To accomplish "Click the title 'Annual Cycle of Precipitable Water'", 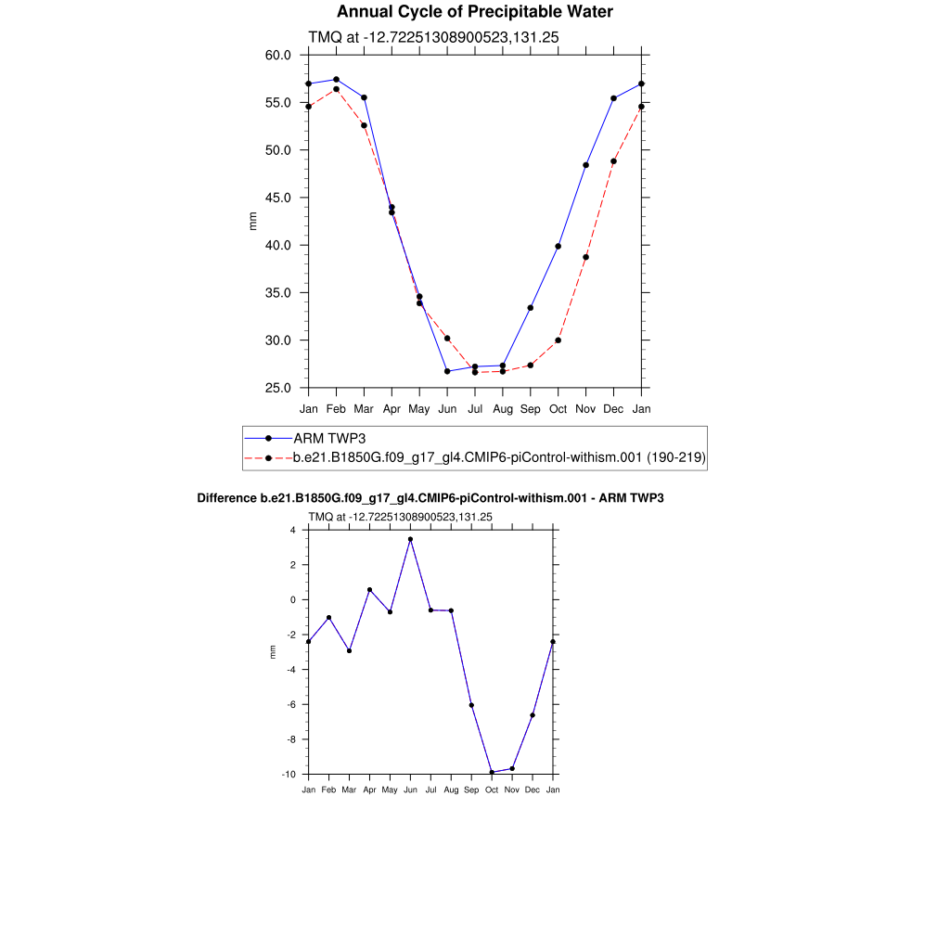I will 474,12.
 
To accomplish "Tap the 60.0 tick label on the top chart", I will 278,55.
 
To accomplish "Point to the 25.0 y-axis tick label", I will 278,388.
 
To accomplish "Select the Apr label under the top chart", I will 392,408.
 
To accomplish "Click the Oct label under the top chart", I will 558,408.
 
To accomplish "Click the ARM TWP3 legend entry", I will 330,438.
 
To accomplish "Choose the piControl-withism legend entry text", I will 499,457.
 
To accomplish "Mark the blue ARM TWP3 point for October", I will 558,246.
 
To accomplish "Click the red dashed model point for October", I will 558,340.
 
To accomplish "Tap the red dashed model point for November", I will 586,257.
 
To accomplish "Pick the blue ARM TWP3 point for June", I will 447,371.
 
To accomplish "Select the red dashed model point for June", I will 447,339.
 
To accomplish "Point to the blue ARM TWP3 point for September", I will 531,308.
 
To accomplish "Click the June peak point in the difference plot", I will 410,539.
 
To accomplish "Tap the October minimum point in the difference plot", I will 492,773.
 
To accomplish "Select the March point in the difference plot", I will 349,650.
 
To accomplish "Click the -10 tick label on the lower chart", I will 289,774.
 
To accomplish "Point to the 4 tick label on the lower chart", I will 292,531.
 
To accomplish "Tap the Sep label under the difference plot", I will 471,790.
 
